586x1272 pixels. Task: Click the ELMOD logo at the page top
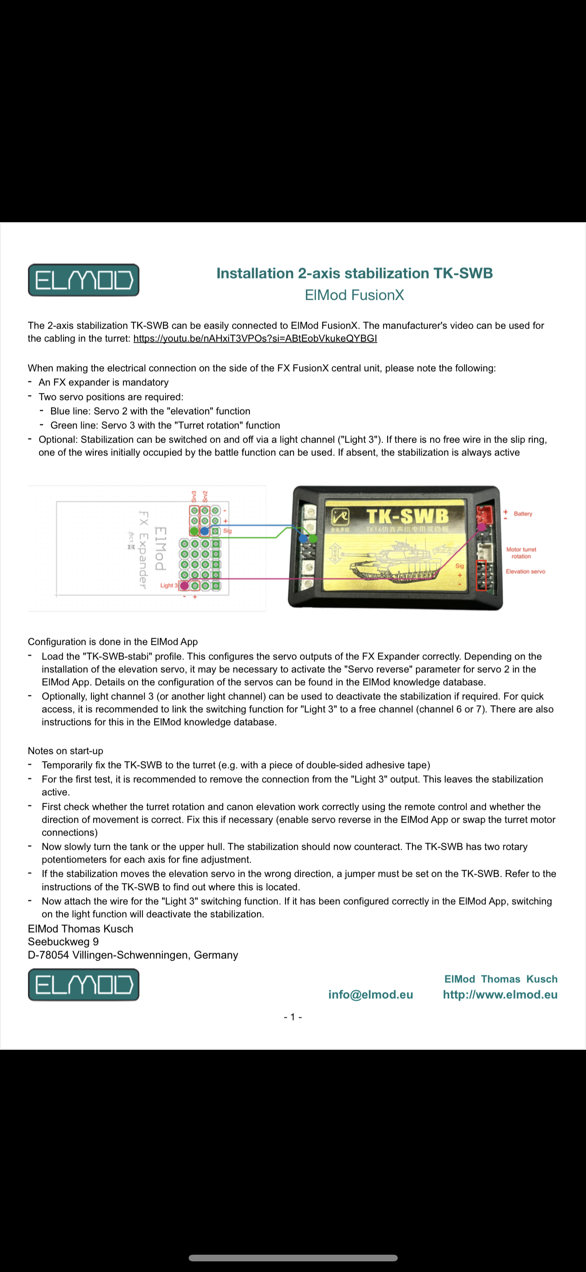click(83, 280)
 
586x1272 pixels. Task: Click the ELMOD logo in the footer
click(83, 985)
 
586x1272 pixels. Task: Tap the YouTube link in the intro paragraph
click(255, 339)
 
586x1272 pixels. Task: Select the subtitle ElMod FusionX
click(354, 295)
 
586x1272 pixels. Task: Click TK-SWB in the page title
click(463, 274)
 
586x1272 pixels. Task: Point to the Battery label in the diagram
click(523, 514)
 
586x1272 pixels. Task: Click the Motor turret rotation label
click(521, 553)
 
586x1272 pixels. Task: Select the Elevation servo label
click(525, 572)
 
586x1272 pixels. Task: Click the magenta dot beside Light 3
click(184, 585)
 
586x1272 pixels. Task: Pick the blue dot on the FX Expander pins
click(205, 531)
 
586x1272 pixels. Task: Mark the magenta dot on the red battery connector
click(481, 527)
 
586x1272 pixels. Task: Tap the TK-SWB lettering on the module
click(408, 517)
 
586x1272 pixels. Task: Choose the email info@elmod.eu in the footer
click(371, 994)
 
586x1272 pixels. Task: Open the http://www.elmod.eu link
click(500, 994)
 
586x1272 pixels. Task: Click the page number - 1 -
click(293, 1017)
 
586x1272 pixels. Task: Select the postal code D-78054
click(48, 955)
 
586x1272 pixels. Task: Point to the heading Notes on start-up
click(66, 751)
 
